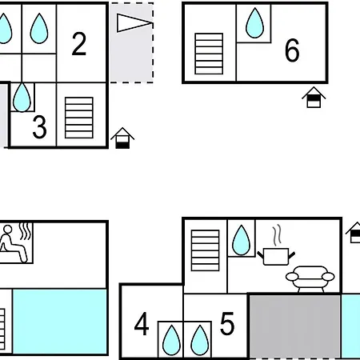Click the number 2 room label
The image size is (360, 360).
click(79, 44)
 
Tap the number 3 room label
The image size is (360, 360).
click(39, 127)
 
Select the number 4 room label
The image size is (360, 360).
click(142, 324)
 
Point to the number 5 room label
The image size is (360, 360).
click(227, 323)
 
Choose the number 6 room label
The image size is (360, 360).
click(292, 50)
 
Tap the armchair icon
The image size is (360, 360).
click(310, 279)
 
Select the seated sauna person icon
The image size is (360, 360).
click(14, 243)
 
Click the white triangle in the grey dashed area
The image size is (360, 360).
click(134, 23)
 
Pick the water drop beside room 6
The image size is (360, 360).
click(255, 23)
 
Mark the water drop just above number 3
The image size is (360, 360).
click(22, 97)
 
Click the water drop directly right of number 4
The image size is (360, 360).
click(171, 340)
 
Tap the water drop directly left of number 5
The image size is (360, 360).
click(200, 340)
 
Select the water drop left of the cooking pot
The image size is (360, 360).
click(241, 240)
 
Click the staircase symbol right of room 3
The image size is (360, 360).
click(79, 118)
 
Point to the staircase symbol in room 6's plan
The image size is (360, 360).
click(209, 54)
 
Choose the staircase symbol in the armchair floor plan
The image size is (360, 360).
click(206, 250)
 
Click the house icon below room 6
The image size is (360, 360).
click(314, 97)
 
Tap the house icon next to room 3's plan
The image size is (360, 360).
click(122, 138)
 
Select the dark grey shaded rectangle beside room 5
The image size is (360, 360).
click(294, 326)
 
